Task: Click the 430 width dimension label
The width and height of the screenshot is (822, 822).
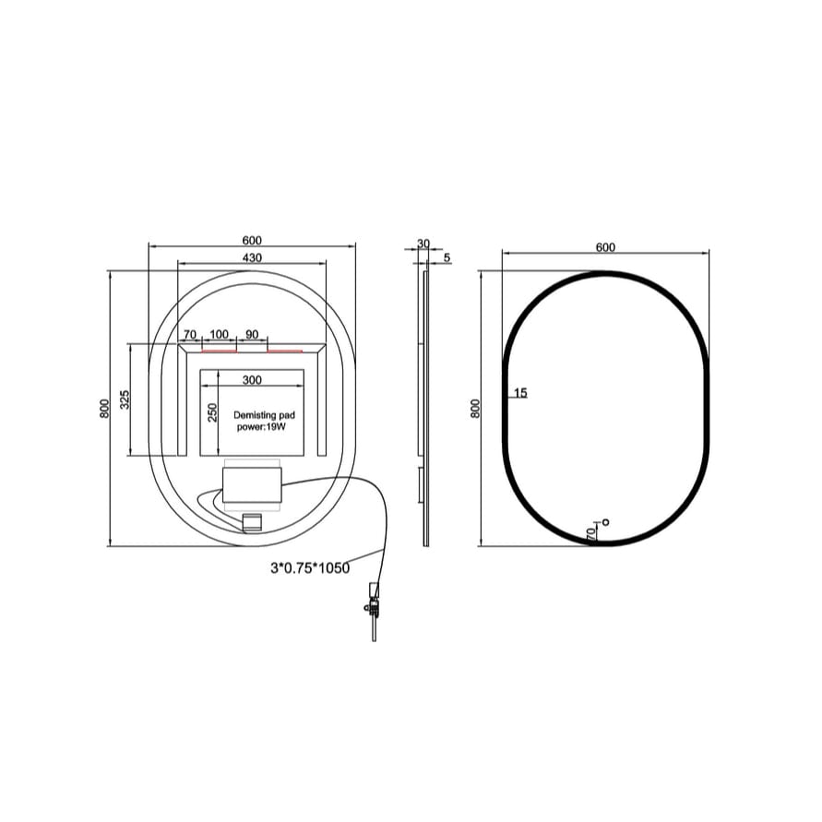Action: [x=252, y=257]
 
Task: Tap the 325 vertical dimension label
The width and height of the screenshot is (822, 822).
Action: [x=125, y=399]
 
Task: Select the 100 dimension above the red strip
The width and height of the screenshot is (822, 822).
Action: [x=219, y=334]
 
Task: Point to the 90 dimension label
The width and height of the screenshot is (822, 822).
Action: [x=252, y=334]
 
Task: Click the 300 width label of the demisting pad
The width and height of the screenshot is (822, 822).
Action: [x=252, y=379]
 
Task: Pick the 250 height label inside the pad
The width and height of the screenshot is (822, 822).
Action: [x=211, y=412]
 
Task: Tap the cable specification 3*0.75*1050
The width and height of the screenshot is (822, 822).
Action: [x=310, y=568]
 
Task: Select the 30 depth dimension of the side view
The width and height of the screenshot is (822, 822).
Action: [x=423, y=244]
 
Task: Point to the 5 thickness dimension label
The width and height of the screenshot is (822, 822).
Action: [x=447, y=258]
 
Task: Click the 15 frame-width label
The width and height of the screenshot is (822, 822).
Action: [x=520, y=393]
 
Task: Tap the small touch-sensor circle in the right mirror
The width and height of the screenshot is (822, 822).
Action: [x=606, y=522]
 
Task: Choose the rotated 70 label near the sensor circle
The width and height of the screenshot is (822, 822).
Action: [x=590, y=533]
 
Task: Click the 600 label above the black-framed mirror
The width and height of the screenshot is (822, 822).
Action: [x=605, y=247]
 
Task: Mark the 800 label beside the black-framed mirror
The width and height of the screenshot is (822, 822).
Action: [x=475, y=409]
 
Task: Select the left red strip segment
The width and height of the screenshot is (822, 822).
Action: [x=219, y=351]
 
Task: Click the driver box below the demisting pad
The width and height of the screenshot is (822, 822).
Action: [x=250, y=483]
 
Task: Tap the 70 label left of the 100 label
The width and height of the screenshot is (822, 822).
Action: [x=189, y=334]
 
